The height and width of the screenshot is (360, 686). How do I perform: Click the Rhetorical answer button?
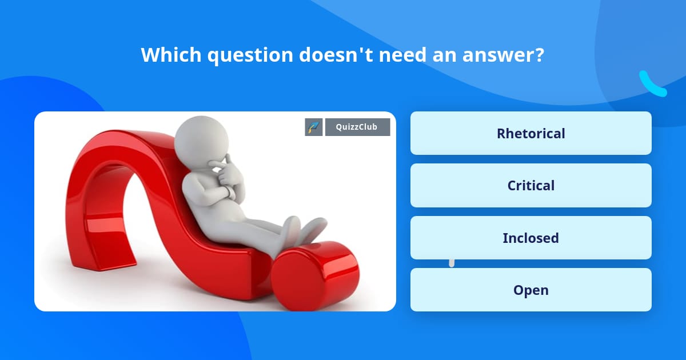pos(531,133)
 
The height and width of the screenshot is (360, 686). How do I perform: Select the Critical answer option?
pos(531,186)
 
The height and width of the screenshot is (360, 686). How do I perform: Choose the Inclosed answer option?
pos(531,238)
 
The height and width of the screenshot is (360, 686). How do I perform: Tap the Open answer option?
pos(531,290)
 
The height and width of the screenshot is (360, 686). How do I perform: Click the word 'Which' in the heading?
pos(171,55)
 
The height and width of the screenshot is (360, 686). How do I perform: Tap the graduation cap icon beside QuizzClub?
pos(313,127)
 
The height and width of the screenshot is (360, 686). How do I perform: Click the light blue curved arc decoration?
pos(652,85)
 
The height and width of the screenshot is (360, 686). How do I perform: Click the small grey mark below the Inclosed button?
pos(452,263)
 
